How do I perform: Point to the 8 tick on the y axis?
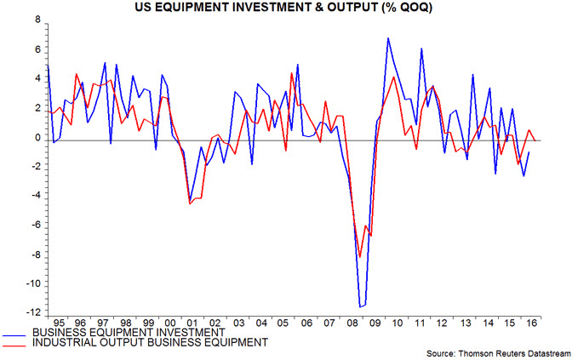click(x=36, y=20)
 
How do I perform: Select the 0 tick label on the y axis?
click(x=36, y=138)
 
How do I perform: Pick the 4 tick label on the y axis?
click(x=36, y=79)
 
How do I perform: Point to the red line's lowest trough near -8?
click(x=360, y=256)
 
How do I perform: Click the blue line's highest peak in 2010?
click(x=388, y=38)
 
